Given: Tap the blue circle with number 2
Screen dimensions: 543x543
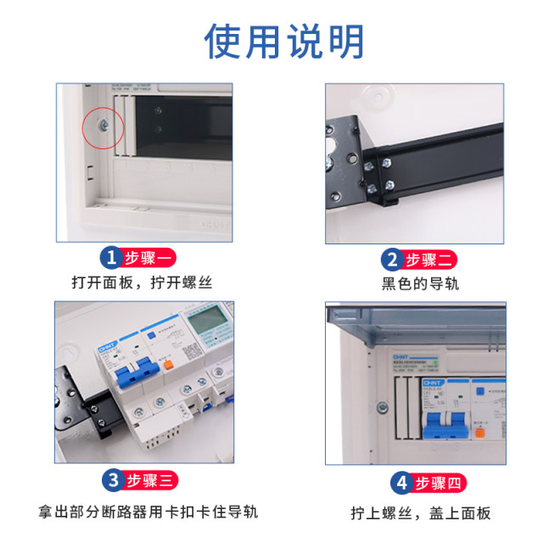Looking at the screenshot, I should (x=391, y=260).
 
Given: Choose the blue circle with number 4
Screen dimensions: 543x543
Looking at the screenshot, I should (x=399, y=484).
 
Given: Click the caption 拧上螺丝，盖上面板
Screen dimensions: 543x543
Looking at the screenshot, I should (x=421, y=512).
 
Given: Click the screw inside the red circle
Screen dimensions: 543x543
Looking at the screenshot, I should (x=103, y=126).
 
